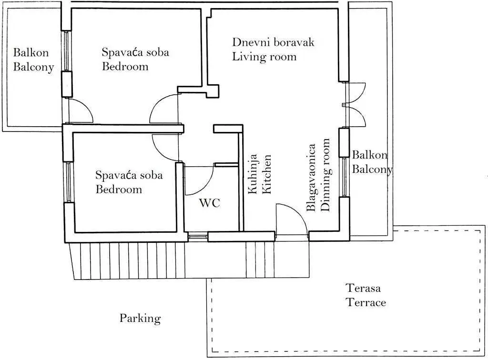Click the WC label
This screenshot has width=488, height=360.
point(210,203)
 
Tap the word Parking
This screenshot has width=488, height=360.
point(141,319)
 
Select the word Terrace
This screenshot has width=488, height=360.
point(366,302)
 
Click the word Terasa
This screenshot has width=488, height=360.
point(364,288)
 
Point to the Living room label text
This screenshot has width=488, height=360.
point(264,57)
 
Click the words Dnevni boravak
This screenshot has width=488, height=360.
point(273,42)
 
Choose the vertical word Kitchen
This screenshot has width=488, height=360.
point(267,174)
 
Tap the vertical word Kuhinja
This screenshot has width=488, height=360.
point(253,174)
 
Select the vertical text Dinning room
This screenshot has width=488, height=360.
point(325,175)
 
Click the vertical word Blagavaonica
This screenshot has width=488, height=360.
point(311,178)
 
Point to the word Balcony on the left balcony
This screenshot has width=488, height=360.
point(34,67)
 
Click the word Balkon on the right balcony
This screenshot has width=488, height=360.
point(370,155)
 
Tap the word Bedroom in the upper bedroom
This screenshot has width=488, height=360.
point(125,67)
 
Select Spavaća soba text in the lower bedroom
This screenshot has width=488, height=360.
point(129,175)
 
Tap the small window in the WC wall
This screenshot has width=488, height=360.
point(198,237)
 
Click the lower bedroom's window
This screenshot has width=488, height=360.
point(69,182)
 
